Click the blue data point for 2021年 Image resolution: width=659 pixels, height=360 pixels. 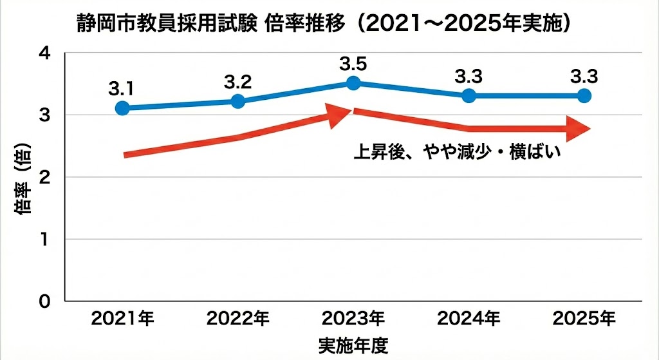pyautogui.click(x=122, y=108)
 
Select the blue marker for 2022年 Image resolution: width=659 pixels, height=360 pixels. pyautogui.click(x=237, y=101)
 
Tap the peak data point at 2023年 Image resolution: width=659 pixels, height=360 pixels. pyautogui.click(x=353, y=82)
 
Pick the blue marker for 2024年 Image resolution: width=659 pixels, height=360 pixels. pyautogui.click(x=469, y=96)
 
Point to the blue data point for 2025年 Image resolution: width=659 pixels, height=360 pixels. pyautogui.click(x=584, y=96)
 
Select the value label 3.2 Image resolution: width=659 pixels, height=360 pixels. pyautogui.click(x=237, y=81)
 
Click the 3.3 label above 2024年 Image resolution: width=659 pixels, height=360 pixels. pyautogui.click(x=469, y=77)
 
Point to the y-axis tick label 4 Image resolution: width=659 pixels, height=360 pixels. pyautogui.click(x=44, y=53)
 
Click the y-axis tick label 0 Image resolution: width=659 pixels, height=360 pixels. pyautogui.click(x=44, y=301)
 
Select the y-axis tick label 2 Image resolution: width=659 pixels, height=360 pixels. pyautogui.click(x=44, y=177)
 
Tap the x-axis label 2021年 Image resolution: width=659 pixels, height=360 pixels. pyautogui.click(x=122, y=318)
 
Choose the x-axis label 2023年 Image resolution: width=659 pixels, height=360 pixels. pyautogui.click(x=353, y=318)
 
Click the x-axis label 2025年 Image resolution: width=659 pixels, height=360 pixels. pyautogui.click(x=584, y=318)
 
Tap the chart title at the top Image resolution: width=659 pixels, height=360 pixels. pyautogui.click(x=321, y=24)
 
